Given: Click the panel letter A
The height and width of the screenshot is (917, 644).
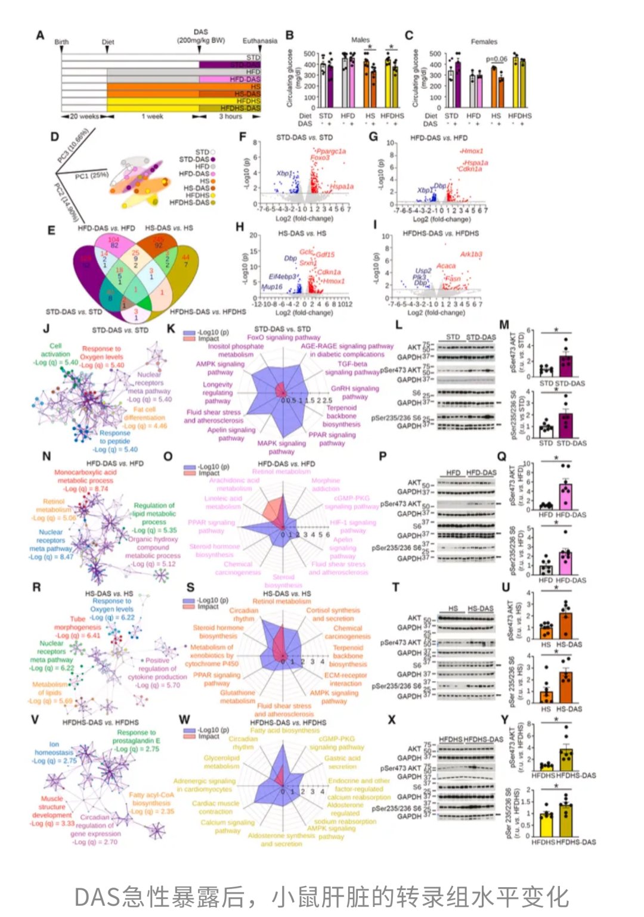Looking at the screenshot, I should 40,36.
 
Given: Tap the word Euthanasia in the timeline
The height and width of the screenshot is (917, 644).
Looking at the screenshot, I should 259,41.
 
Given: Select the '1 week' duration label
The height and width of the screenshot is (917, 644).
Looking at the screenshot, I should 152,117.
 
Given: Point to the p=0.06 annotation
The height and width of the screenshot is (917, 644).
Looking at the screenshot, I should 496,59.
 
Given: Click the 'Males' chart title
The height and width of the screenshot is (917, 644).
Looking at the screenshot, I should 360,40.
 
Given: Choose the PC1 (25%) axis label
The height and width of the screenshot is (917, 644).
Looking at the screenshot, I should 91,176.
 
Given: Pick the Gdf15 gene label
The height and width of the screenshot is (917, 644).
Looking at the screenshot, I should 325,254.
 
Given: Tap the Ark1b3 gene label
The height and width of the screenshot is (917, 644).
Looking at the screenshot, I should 471,254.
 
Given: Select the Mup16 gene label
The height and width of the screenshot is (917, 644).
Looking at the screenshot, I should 272,287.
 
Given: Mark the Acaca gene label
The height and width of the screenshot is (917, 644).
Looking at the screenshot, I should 446,266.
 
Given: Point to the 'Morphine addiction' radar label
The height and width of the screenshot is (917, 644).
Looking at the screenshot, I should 326,484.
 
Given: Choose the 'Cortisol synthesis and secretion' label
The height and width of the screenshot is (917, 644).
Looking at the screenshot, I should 333,614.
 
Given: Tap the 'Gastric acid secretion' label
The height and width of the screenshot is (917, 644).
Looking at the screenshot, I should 342,762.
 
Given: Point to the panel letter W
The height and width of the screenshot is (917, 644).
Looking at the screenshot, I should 185,720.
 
